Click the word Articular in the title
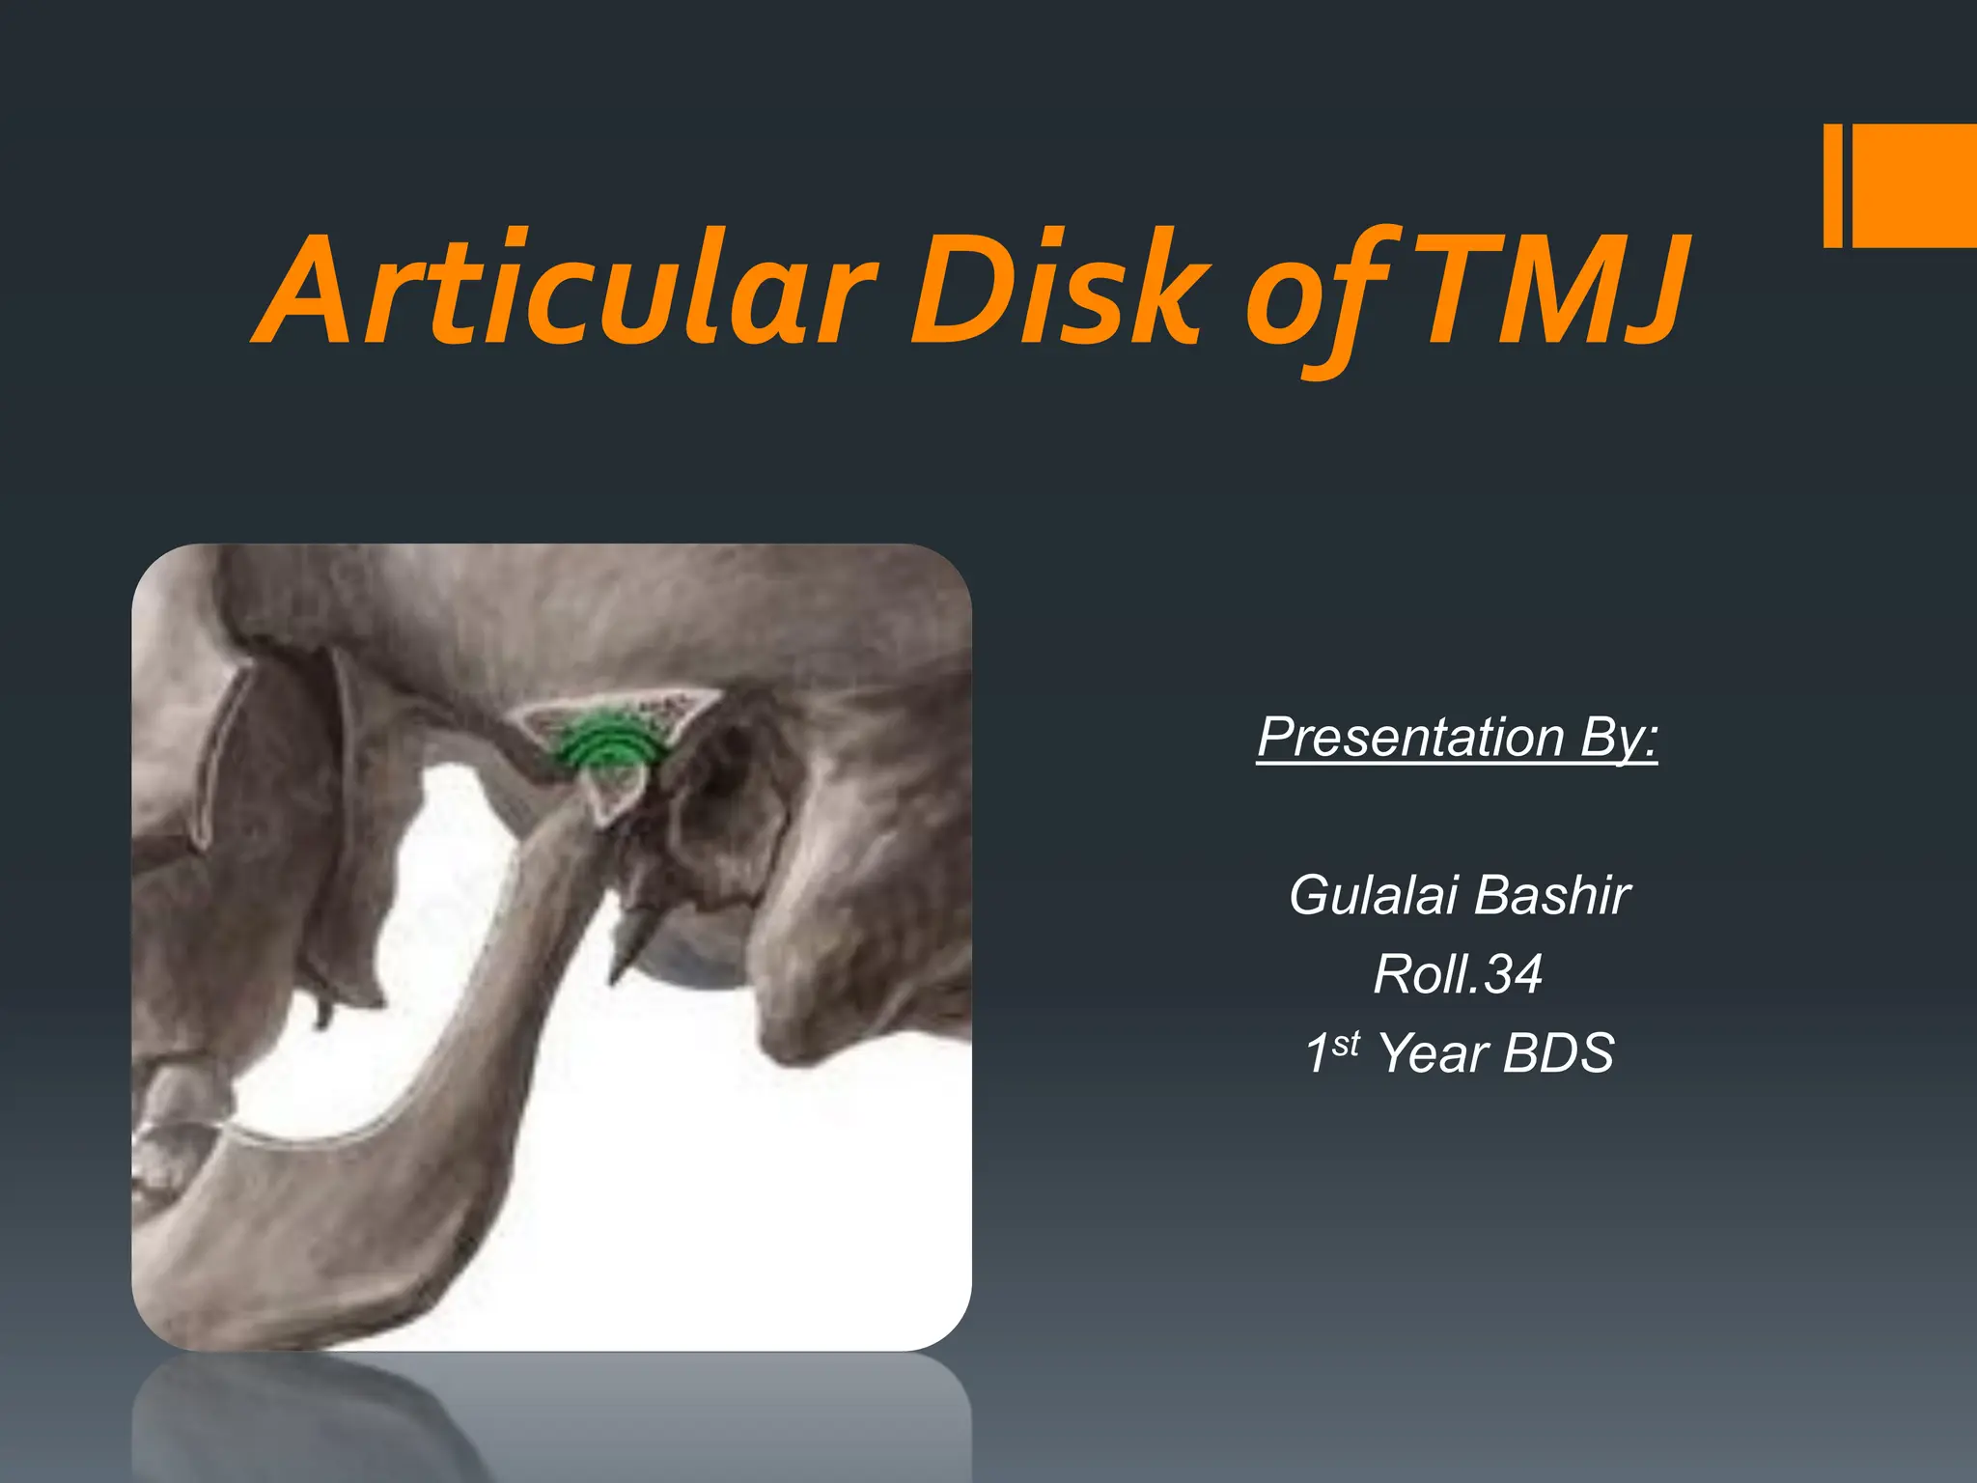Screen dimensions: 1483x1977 click(x=570, y=290)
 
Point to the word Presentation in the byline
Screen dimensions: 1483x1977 click(x=1410, y=739)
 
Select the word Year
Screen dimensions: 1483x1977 click(x=1434, y=1052)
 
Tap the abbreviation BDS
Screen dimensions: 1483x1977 click(x=1558, y=1052)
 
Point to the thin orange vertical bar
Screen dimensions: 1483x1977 click(x=1832, y=185)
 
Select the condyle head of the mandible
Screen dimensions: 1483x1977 click(x=614, y=792)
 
